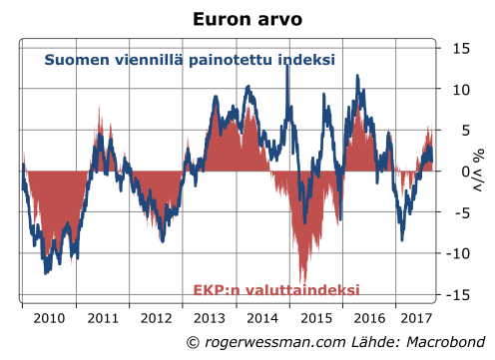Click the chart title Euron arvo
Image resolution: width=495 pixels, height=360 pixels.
[x=247, y=18]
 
